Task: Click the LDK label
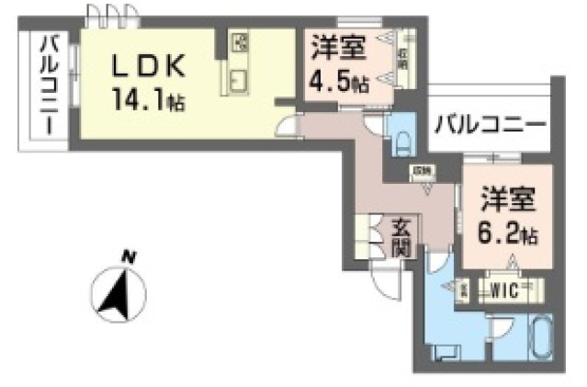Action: pyautogui.click(x=151, y=65)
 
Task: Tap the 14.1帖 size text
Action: pyautogui.click(x=149, y=97)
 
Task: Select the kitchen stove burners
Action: pyautogui.click(x=239, y=43)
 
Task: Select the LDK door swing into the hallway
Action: pyautogui.click(x=288, y=126)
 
